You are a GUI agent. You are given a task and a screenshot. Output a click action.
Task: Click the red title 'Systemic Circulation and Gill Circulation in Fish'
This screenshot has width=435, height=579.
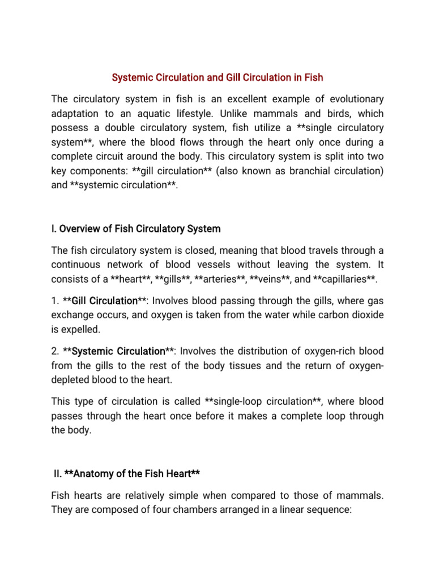pyautogui.click(x=217, y=76)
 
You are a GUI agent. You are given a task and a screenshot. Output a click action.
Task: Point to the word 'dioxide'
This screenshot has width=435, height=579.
pyautogui.click(x=367, y=315)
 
